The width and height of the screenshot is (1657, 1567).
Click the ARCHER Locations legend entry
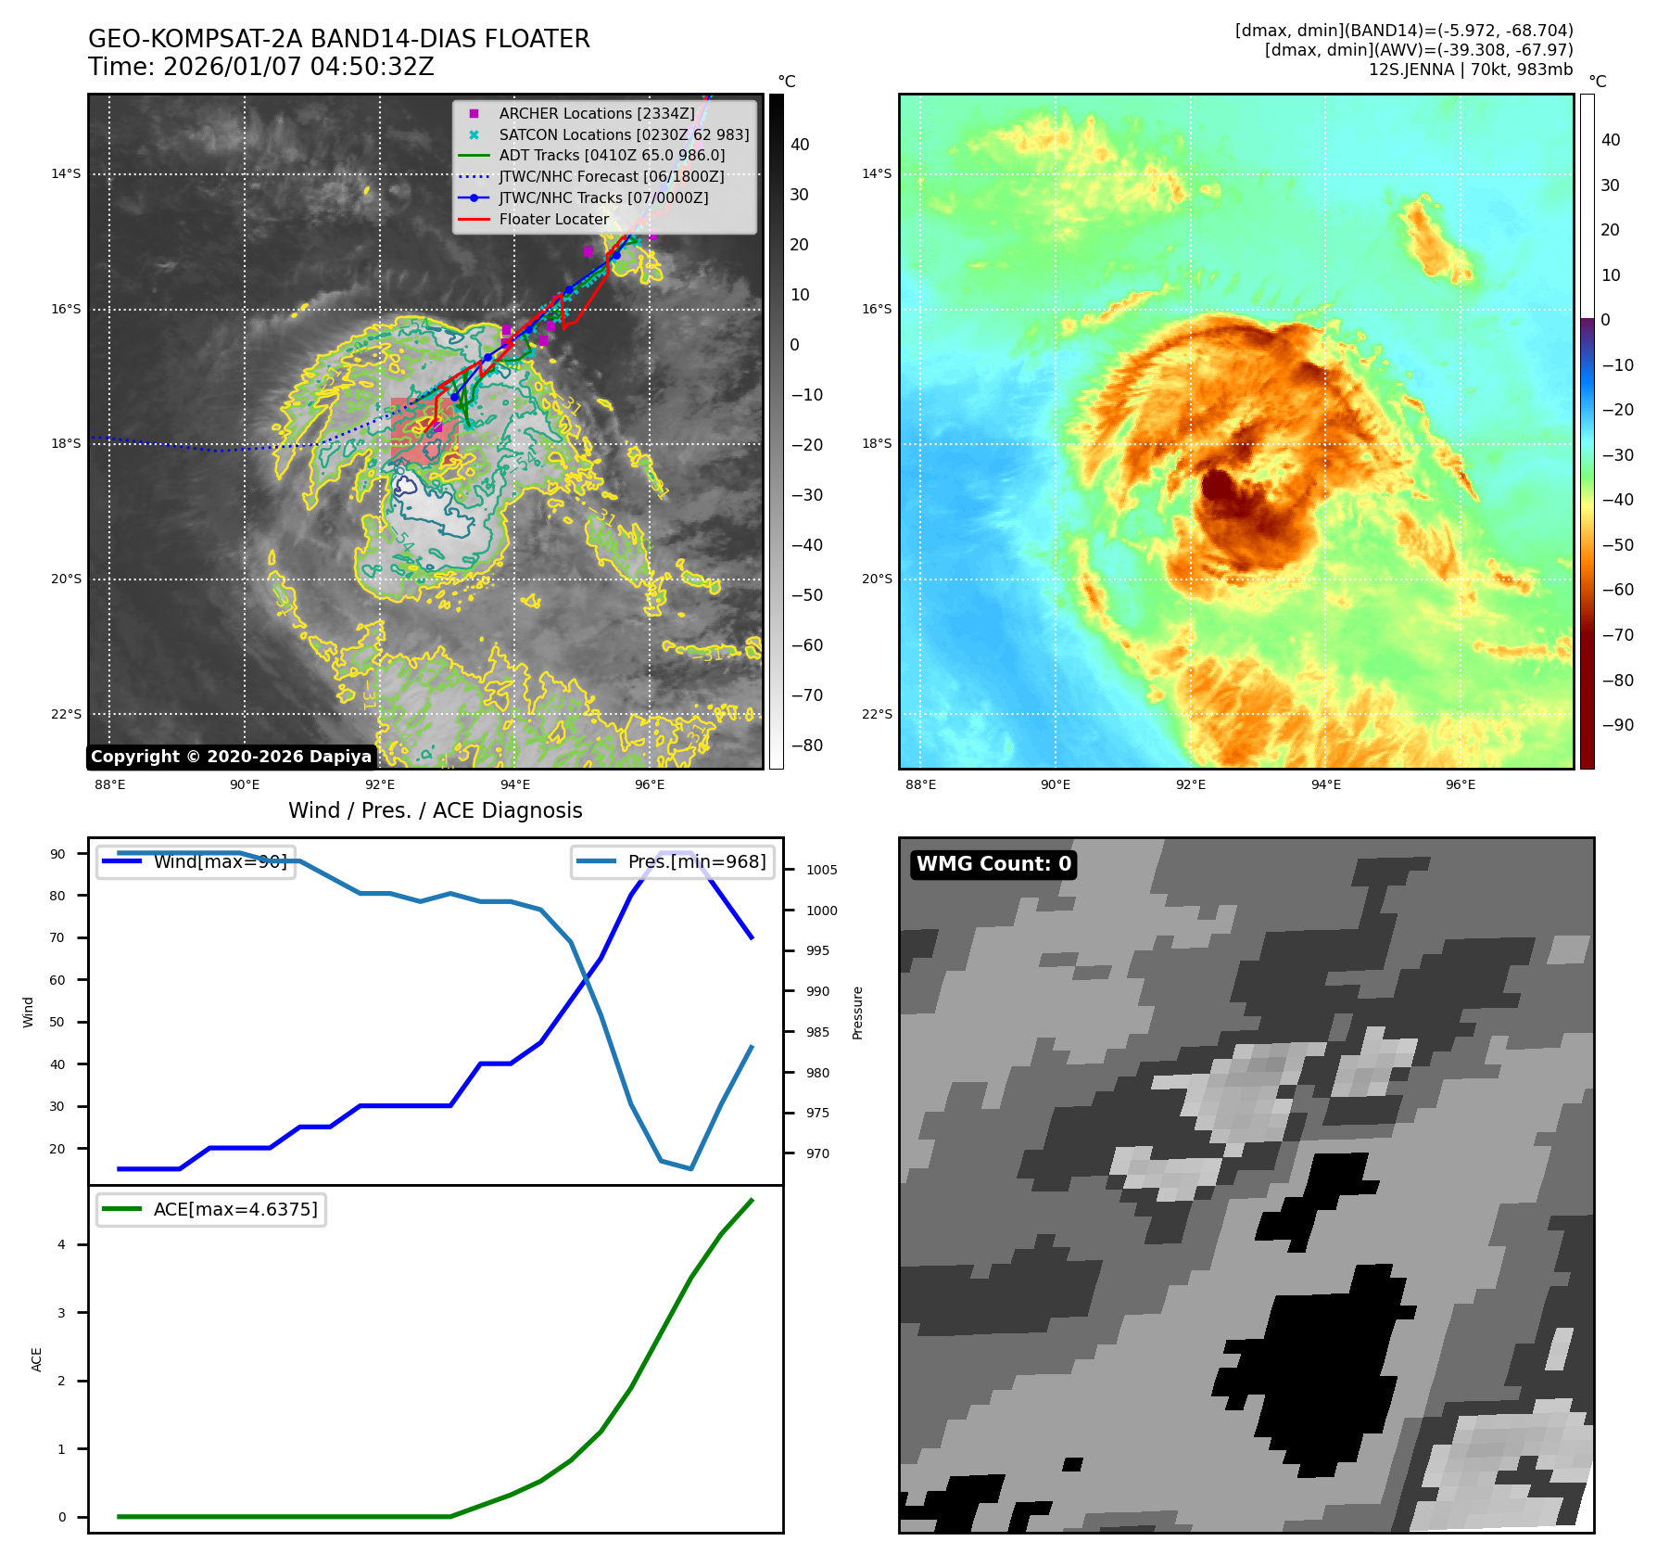tap(596, 113)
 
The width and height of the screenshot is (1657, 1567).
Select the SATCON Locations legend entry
tap(623, 134)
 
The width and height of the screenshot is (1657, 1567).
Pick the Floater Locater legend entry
tap(553, 220)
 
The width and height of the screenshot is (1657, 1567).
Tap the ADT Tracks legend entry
tap(612, 156)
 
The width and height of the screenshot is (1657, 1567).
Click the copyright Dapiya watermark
tap(231, 757)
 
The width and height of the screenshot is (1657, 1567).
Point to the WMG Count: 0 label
tap(993, 864)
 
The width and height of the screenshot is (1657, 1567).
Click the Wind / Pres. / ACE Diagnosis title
tap(435, 810)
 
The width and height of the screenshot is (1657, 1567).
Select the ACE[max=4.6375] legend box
tap(211, 1209)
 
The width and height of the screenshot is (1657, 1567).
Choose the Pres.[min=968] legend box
tap(673, 861)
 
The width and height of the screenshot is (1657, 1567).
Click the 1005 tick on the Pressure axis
tap(821, 870)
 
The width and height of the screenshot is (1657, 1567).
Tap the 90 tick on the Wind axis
tap(58, 854)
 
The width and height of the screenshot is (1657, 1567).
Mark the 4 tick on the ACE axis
tap(62, 1244)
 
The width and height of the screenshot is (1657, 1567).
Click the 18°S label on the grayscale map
tap(66, 443)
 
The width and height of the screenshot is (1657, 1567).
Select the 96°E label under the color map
tap(1461, 784)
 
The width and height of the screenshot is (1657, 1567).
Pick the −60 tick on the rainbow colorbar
tap(1617, 590)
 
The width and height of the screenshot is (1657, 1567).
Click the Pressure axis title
tap(857, 1013)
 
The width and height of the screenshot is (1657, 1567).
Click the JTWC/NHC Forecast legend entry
tap(611, 177)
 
